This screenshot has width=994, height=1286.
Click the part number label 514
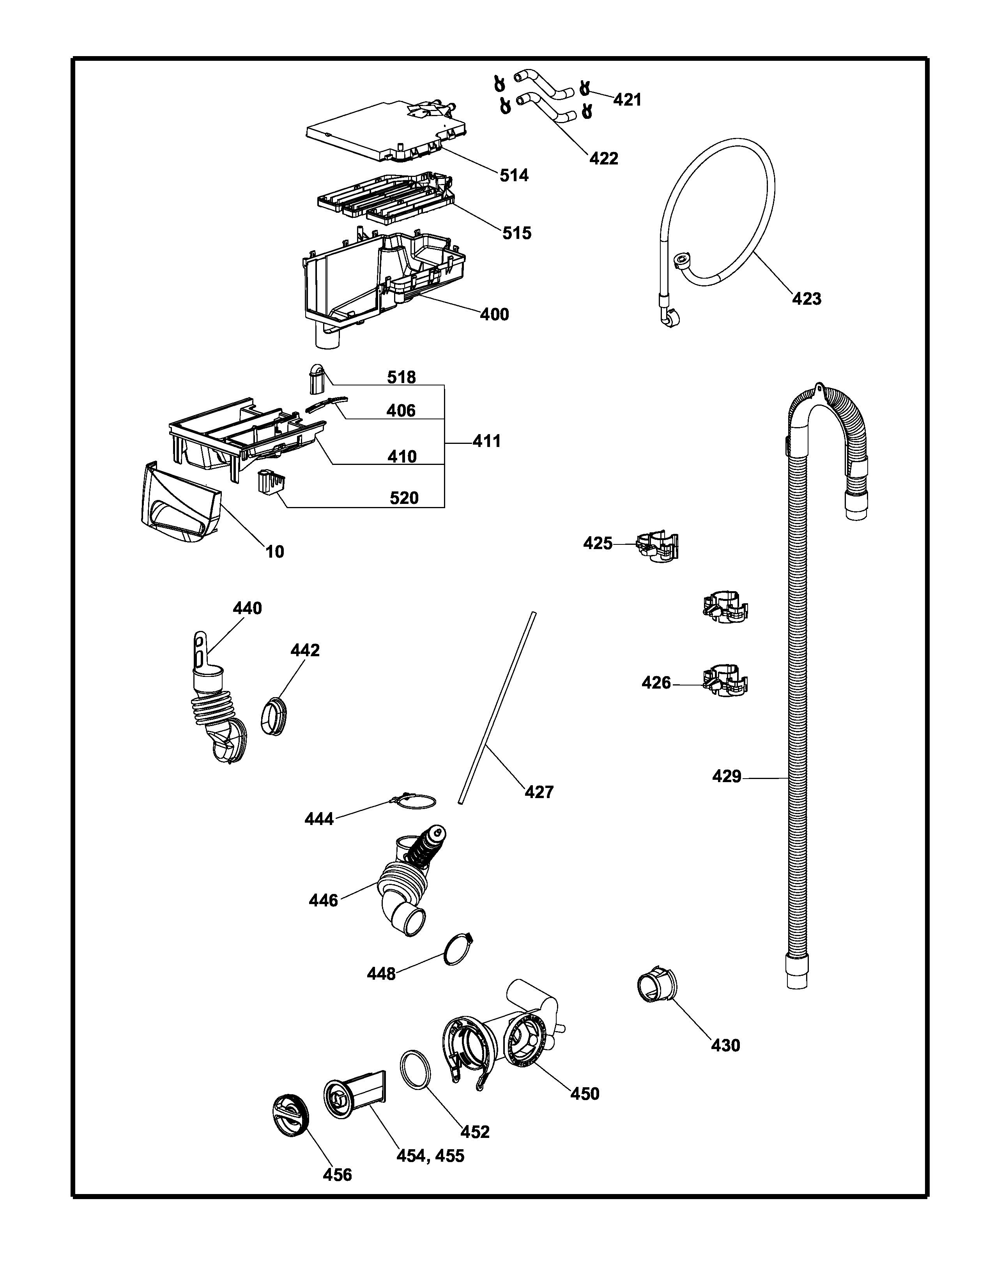point(514,175)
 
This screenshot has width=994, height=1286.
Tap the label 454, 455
point(430,1156)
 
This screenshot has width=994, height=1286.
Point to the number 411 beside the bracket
point(486,441)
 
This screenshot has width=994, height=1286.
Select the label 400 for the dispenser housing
point(494,314)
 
